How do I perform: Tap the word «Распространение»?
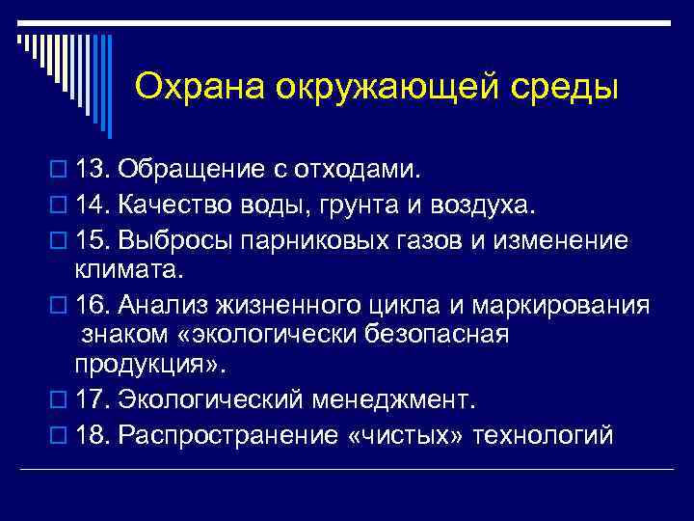(x=227, y=435)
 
